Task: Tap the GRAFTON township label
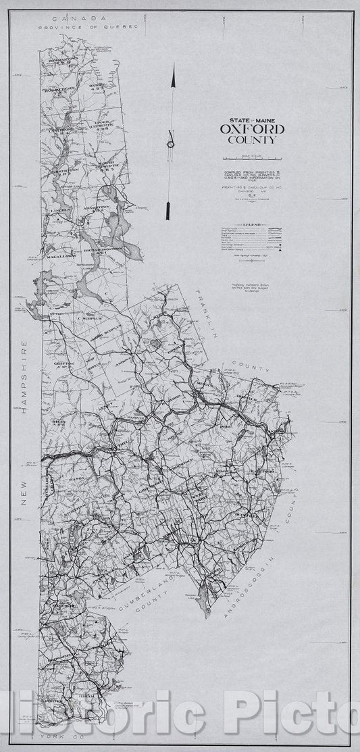pyautogui.click(x=67, y=363)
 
